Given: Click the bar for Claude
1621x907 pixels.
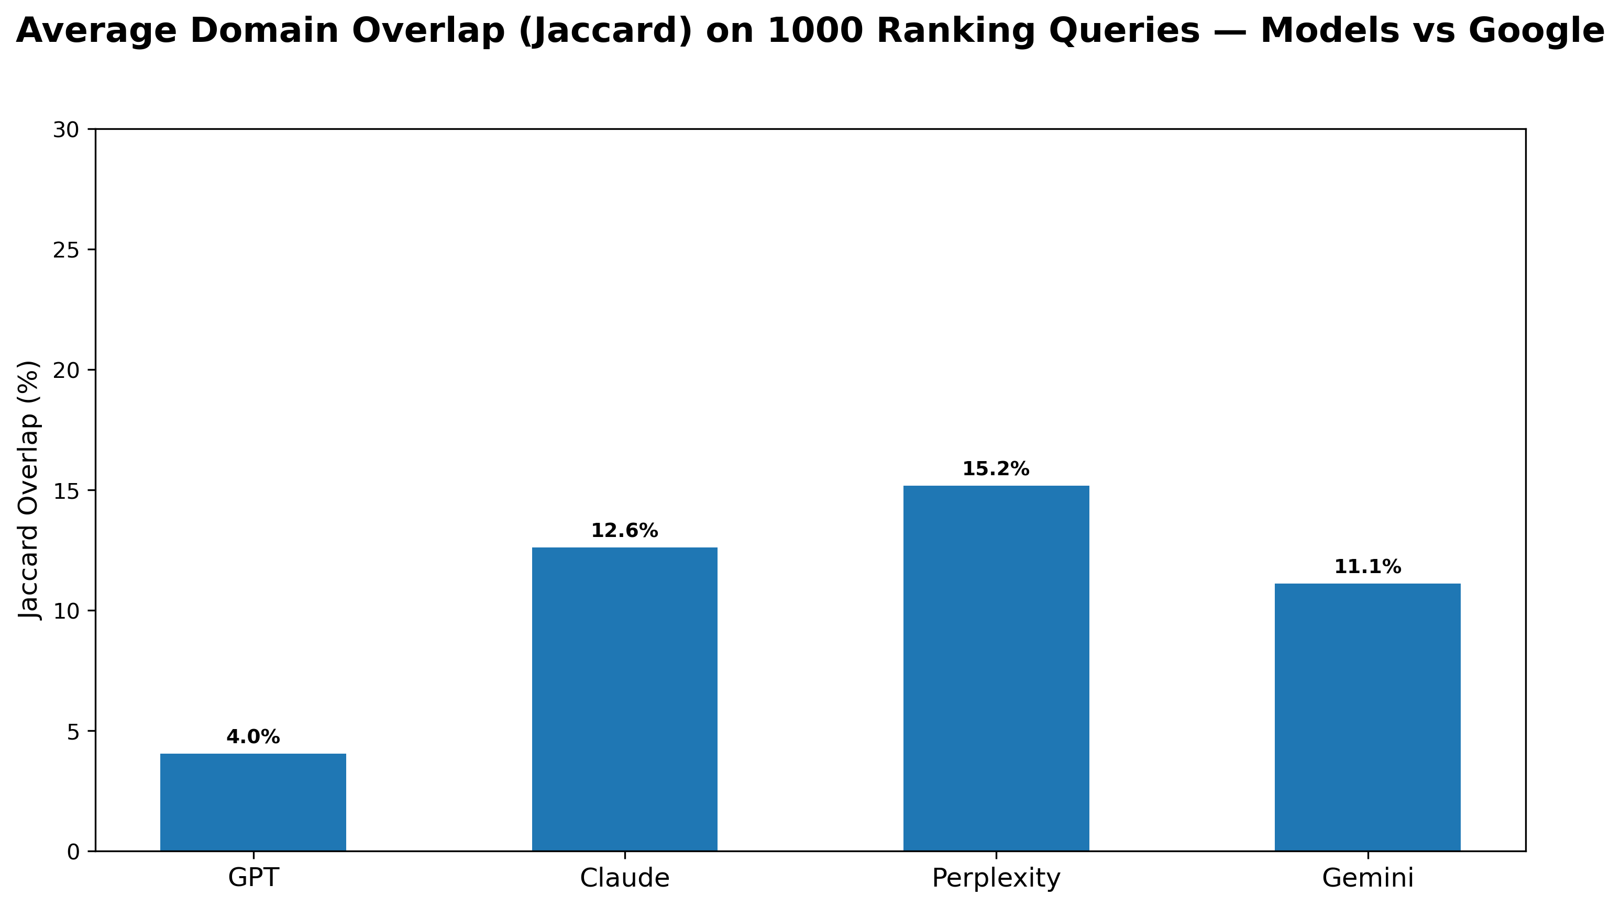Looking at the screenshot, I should click(624, 699).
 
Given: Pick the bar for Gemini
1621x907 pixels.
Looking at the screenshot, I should click(1368, 717).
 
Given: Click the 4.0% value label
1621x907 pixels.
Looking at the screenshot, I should click(253, 737).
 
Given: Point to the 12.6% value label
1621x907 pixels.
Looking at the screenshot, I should click(624, 531).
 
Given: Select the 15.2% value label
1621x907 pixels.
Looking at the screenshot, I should click(996, 469).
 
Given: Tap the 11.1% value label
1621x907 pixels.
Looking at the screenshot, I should click(1368, 567).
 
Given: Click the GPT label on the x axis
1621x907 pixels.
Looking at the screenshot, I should click(253, 878).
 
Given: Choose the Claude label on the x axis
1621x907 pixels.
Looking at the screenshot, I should click(624, 878).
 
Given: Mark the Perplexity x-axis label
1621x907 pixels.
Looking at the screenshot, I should click(996, 878).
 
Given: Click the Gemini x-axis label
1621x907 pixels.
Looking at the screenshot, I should click(1368, 878).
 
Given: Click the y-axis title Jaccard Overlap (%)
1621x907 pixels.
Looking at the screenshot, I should click(29, 490).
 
